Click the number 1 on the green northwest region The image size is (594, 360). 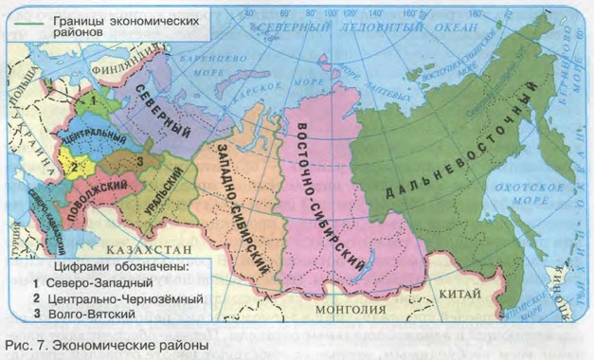pos(92,99)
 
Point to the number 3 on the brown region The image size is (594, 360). pos(139,162)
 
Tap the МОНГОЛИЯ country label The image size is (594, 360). pos(343,308)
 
